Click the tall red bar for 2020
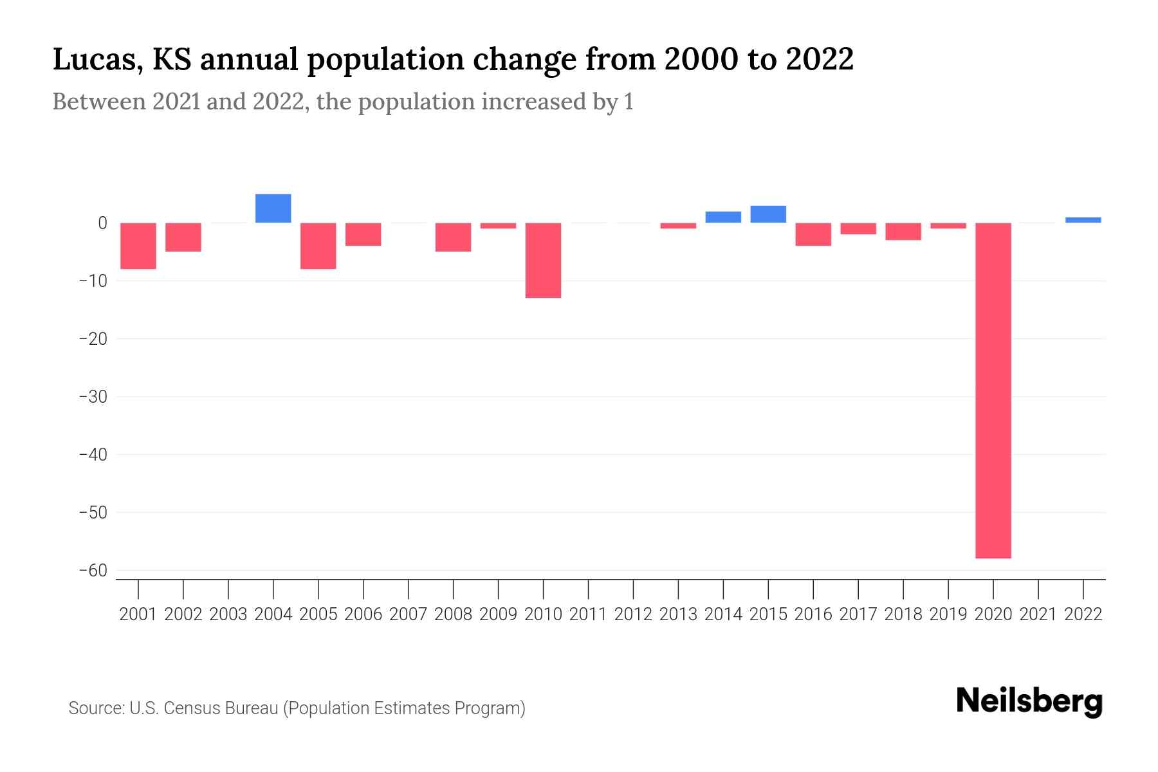pos(993,391)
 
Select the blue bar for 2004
pos(273,208)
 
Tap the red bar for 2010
pos(543,261)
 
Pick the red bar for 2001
pos(138,246)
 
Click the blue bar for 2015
pos(768,214)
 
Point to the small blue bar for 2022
pos(1083,220)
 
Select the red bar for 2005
pos(318,246)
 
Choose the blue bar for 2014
pos(723,217)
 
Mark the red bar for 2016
pos(813,234)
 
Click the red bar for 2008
pos(453,237)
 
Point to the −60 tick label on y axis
pos(93,571)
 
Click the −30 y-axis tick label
pos(93,397)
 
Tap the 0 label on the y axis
pos(102,223)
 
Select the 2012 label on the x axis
pos(633,614)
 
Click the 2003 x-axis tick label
pos(228,614)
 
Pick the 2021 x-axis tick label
pos(1038,614)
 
